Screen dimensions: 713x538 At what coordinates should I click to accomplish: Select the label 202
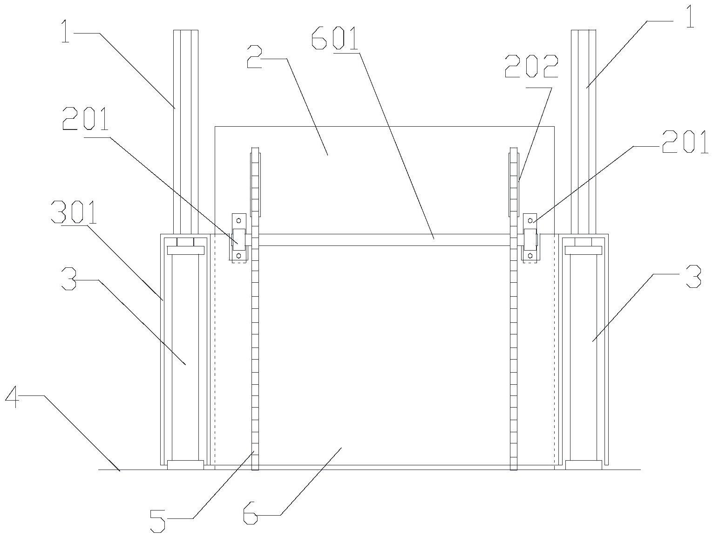(531, 67)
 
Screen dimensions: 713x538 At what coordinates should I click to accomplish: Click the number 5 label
(158, 520)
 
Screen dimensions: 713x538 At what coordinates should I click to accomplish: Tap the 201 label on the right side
(684, 143)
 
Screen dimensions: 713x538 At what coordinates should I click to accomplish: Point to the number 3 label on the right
(693, 278)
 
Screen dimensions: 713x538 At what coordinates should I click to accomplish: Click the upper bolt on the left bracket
(239, 220)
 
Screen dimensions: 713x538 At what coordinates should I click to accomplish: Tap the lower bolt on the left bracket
(239, 255)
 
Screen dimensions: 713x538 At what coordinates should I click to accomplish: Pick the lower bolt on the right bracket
(530, 255)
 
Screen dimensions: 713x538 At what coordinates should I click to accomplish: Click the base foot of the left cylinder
(185, 465)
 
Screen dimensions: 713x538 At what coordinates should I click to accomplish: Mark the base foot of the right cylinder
(584, 465)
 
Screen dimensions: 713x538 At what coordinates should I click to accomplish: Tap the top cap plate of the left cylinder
(185, 251)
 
